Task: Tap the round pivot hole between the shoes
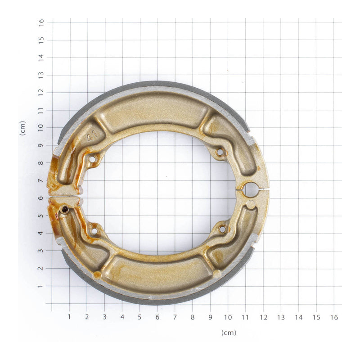click(x=251, y=190)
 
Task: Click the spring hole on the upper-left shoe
click(x=92, y=159)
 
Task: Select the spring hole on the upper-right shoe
click(x=220, y=152)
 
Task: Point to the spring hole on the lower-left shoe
click(x=94, y=231)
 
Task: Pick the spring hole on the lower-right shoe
click(x=222, y=229)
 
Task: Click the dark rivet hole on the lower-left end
click(x=65, y=210)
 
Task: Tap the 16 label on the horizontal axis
click(x=333, y=317)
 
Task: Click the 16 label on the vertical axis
click(x=41, y=22)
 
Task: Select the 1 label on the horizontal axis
click(x=69, y=317)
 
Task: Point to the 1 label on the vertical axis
click(x=41, y=286)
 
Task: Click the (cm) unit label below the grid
click(x=229, y=333)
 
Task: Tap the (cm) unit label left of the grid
click(x=22, y=128)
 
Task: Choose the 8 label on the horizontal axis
click(x=193, y=317)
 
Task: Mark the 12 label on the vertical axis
click(x=41, y=92)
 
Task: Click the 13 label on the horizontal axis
click(x=281, y=317)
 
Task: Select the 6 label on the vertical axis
click(x=41, y=198)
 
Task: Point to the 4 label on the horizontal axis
click(x=122, y=317)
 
